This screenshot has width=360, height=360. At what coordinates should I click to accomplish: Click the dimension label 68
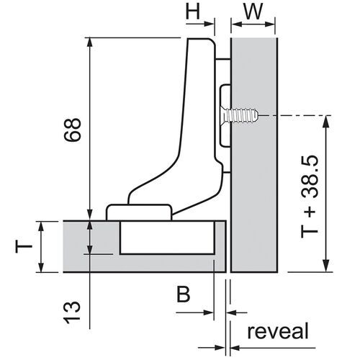72,130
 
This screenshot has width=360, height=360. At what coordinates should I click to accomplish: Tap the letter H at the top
193,12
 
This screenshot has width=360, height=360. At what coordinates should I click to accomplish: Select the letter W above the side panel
253,12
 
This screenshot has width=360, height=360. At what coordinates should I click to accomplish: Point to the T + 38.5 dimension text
310,197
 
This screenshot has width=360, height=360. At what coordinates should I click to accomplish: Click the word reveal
278,331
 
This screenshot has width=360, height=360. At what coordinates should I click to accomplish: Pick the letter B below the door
184,294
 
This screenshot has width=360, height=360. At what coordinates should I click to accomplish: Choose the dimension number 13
71,312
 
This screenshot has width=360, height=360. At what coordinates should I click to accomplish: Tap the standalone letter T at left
24,247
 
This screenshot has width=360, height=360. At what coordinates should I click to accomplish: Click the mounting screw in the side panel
240,116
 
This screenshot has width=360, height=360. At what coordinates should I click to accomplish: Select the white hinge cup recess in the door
167,238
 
